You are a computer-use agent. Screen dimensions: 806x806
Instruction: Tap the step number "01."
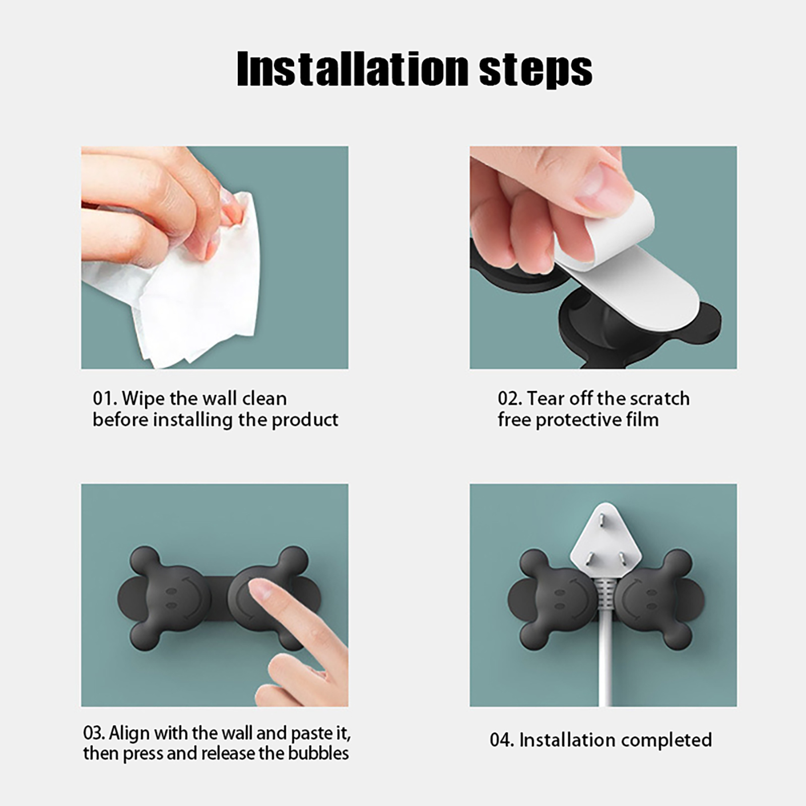coord(105,398)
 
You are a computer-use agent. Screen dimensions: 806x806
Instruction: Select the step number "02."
coord(510,398)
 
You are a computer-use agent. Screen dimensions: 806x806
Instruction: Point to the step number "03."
coord(94,732)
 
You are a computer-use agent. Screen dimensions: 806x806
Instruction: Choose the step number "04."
coord(502,740)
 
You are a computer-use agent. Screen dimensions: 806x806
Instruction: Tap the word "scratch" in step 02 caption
coord(659,398)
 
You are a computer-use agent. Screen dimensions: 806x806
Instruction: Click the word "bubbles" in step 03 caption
coord(318,754)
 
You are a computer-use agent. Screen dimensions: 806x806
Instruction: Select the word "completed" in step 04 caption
coord(665,741)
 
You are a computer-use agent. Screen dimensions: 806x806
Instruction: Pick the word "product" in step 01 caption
coord(305,420)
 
